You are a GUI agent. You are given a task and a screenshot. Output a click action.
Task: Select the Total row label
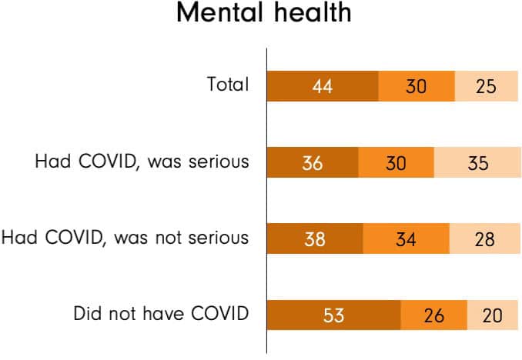click(228, 85)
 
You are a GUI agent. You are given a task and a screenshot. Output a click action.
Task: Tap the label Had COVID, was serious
click(142, 162)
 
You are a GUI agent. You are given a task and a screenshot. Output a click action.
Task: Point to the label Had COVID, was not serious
click(125, 237)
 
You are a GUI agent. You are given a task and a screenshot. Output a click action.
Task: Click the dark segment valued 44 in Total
click(323, 86)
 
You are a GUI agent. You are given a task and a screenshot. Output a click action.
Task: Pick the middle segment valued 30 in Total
click(417, 86)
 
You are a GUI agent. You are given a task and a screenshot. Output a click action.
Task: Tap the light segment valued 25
click(486, 86)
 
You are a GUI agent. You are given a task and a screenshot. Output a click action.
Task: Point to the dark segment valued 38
click(315, 238)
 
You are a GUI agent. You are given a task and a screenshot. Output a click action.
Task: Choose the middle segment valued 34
click(406, 238)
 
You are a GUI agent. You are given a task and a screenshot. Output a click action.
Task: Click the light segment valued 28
click(484, 238)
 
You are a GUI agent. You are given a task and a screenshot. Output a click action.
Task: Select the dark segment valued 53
click(334, 315)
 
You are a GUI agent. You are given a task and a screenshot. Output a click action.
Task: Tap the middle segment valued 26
click(434, 315)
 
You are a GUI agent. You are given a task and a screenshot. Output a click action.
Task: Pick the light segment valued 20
click(492, 315)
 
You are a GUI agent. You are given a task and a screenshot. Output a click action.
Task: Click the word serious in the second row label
click(221, 162)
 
